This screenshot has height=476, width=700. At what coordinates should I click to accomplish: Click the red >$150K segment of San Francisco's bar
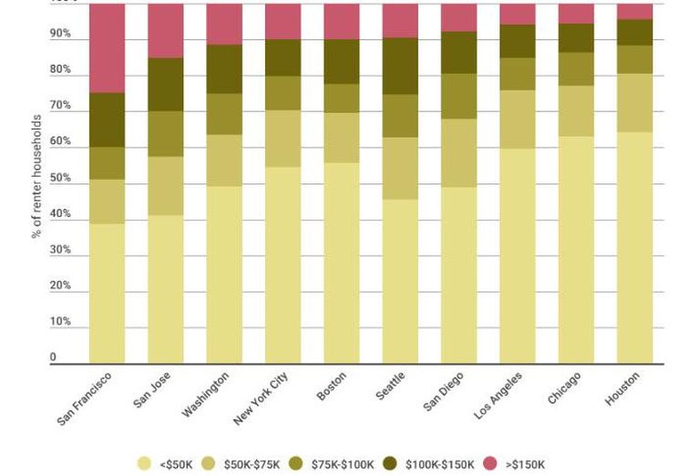[x=108, y=48]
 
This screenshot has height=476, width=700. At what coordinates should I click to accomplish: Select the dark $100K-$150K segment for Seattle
[x=400, y=66]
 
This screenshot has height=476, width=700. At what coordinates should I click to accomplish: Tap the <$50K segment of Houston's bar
[x=634, y=247]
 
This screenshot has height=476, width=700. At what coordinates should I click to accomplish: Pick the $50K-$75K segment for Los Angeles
[x=518, y=119]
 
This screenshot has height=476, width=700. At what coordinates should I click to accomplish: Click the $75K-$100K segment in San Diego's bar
[x=459, y=96]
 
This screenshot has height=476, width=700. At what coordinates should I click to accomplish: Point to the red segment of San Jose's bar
[x=166, y=31]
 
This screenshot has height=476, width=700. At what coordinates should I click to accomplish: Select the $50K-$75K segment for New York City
[x=283, y=139]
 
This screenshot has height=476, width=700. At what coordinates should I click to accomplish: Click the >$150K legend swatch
[x=490, y=463]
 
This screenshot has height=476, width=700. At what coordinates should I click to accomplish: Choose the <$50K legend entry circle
[x=144, y=463]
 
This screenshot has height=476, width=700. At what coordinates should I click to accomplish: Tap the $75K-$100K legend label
[x=343, y=464]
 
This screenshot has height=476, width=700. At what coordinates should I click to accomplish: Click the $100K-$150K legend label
[x=439, y=464]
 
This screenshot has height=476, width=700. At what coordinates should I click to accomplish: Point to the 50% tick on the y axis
[x=60, y=178]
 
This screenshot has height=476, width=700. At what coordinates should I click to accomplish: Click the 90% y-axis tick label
[x=60, y=34]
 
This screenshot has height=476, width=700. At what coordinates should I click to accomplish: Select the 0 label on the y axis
[x=53, y=357]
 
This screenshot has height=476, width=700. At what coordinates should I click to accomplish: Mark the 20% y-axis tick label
[x=60, y=285]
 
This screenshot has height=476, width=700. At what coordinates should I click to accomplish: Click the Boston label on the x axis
[x=331, y=387]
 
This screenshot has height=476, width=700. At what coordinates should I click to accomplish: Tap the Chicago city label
[x=564, y=388]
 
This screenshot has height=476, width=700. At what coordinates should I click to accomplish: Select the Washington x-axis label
[x=205, y=394]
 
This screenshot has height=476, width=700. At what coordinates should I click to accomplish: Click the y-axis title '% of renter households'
[x=36, y=176]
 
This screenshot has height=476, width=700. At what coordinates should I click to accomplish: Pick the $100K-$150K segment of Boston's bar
[x=342, y=62]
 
